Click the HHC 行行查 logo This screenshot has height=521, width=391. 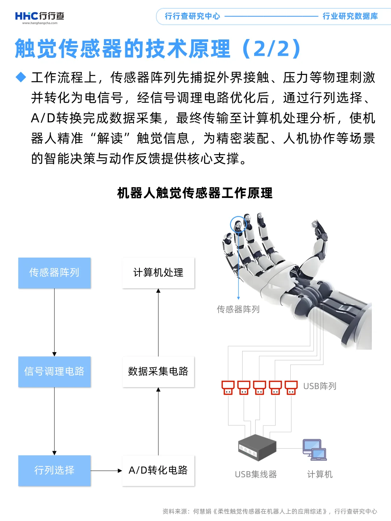(x=39, y=17)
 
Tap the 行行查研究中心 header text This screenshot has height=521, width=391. (x=192, y=16)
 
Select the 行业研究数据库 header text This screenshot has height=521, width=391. (x=350, y=16)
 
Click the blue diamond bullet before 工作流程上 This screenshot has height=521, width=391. (x=21, y=77)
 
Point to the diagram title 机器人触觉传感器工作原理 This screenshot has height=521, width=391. (x=195, y=193)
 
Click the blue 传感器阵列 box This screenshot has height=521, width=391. (x=54, y=273)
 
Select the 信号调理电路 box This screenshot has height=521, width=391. (x=54, y=372)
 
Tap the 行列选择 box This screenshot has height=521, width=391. (x=54, y=470)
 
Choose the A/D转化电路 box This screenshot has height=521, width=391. (x=158, y=470)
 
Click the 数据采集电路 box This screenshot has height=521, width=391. (x=158, y=372)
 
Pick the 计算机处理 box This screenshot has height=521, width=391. (x=158, y=273)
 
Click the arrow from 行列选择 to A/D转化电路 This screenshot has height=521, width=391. (x=106, y=471)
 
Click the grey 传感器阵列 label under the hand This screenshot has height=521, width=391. (x=238, y=309)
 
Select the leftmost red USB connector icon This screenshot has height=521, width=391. (x=228, y=387)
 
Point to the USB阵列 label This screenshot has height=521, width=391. (x=320, y=386)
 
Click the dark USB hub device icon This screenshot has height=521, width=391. (x=257, y=447)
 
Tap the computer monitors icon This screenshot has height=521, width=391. (x=314, y=450)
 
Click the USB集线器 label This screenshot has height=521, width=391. (x=256, y=474)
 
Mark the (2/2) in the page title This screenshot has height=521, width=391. (x=272, y=49)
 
